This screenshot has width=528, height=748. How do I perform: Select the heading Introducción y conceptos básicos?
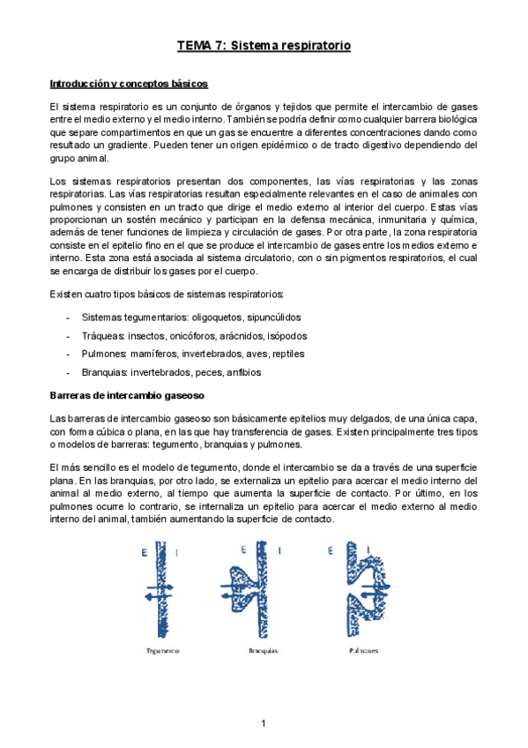click(x=128, y=84)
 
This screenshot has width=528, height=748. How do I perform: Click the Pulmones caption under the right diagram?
click(x=363, y=651)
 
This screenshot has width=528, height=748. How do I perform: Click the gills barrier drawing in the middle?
click(x=261, y=592)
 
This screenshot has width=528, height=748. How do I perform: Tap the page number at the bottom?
click(x=264, y=723)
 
